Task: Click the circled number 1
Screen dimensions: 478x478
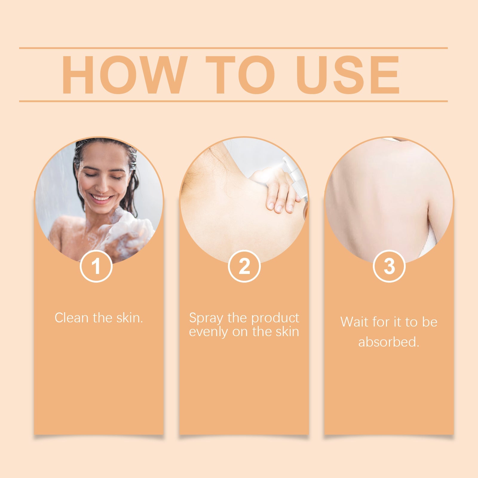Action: coord(96,266)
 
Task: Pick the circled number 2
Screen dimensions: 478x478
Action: coord(244,266)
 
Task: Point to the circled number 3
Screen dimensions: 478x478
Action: coord(389,266)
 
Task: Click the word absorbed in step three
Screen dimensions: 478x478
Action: coord(389,342)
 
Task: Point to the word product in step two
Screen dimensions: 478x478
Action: coord(275,318)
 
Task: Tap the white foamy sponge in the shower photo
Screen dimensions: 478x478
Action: coord(131,230)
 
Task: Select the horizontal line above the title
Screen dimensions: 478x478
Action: coord(233,48)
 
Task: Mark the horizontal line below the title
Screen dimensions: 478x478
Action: coord(233,101)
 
